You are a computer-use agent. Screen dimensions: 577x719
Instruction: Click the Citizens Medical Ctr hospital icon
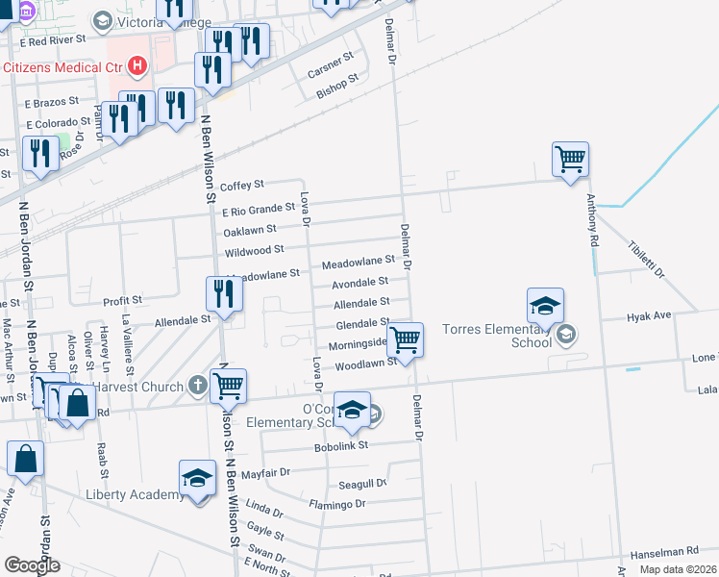(138, 66)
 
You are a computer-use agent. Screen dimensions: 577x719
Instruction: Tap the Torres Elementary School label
(496, 336)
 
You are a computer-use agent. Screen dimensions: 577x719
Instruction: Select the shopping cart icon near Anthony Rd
(570, 159)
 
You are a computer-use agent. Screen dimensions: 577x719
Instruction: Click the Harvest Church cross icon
(198, 387)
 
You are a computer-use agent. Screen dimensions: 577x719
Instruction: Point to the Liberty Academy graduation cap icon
(197, 478)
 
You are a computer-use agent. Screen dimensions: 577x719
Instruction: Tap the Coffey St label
(241, 186)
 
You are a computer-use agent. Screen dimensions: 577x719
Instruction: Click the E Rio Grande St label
(258, 209)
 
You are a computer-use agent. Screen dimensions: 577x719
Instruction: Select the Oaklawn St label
(250, 230)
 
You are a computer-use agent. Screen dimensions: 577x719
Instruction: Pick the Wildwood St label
(254, 251)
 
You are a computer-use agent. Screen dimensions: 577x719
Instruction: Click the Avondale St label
(359, 283)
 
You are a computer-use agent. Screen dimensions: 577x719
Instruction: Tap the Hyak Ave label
(648, 316)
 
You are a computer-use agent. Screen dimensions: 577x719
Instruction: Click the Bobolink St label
(342, 446)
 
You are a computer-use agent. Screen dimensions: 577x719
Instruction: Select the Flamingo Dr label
(337, 504)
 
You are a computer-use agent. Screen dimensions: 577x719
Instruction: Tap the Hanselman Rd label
(663, 553)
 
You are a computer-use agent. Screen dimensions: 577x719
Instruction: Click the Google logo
(32, 564)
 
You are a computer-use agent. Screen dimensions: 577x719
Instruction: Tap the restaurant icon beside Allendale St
(223, 294)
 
